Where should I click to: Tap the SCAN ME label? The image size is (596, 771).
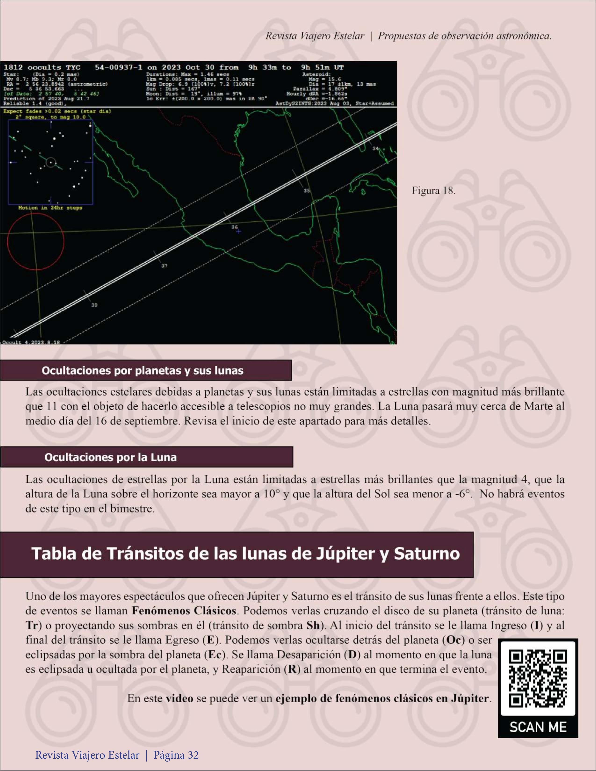(x=538, y=727)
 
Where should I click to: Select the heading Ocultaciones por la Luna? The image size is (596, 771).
(x=110, y=457)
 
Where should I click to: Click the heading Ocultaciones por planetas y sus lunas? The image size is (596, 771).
(x=142, y=371)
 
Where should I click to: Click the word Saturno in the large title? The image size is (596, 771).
(x=427, y=554)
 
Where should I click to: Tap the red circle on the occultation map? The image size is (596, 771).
(x=36, y=242)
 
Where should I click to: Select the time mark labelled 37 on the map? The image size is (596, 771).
(x=164, y=266)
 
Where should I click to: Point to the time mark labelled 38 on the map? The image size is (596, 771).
(x=94, y=305)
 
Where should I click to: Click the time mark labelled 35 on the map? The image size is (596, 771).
(x=307, y=191)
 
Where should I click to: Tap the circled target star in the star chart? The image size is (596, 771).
(x=51, y=162)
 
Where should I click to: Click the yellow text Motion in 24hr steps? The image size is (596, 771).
(x=50, y=208)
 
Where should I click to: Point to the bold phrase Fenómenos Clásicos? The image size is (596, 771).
(x=184, y=610)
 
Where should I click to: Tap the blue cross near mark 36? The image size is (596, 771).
(x=239, y=232)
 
